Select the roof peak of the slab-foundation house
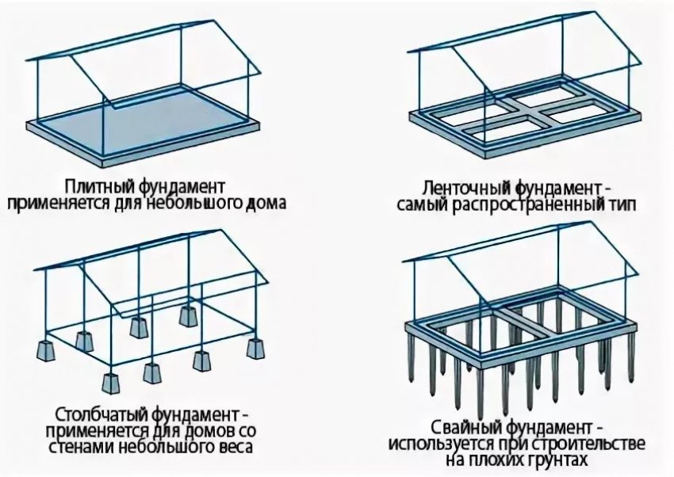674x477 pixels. coord(213,21)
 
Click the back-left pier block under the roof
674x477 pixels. coord(137,324)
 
